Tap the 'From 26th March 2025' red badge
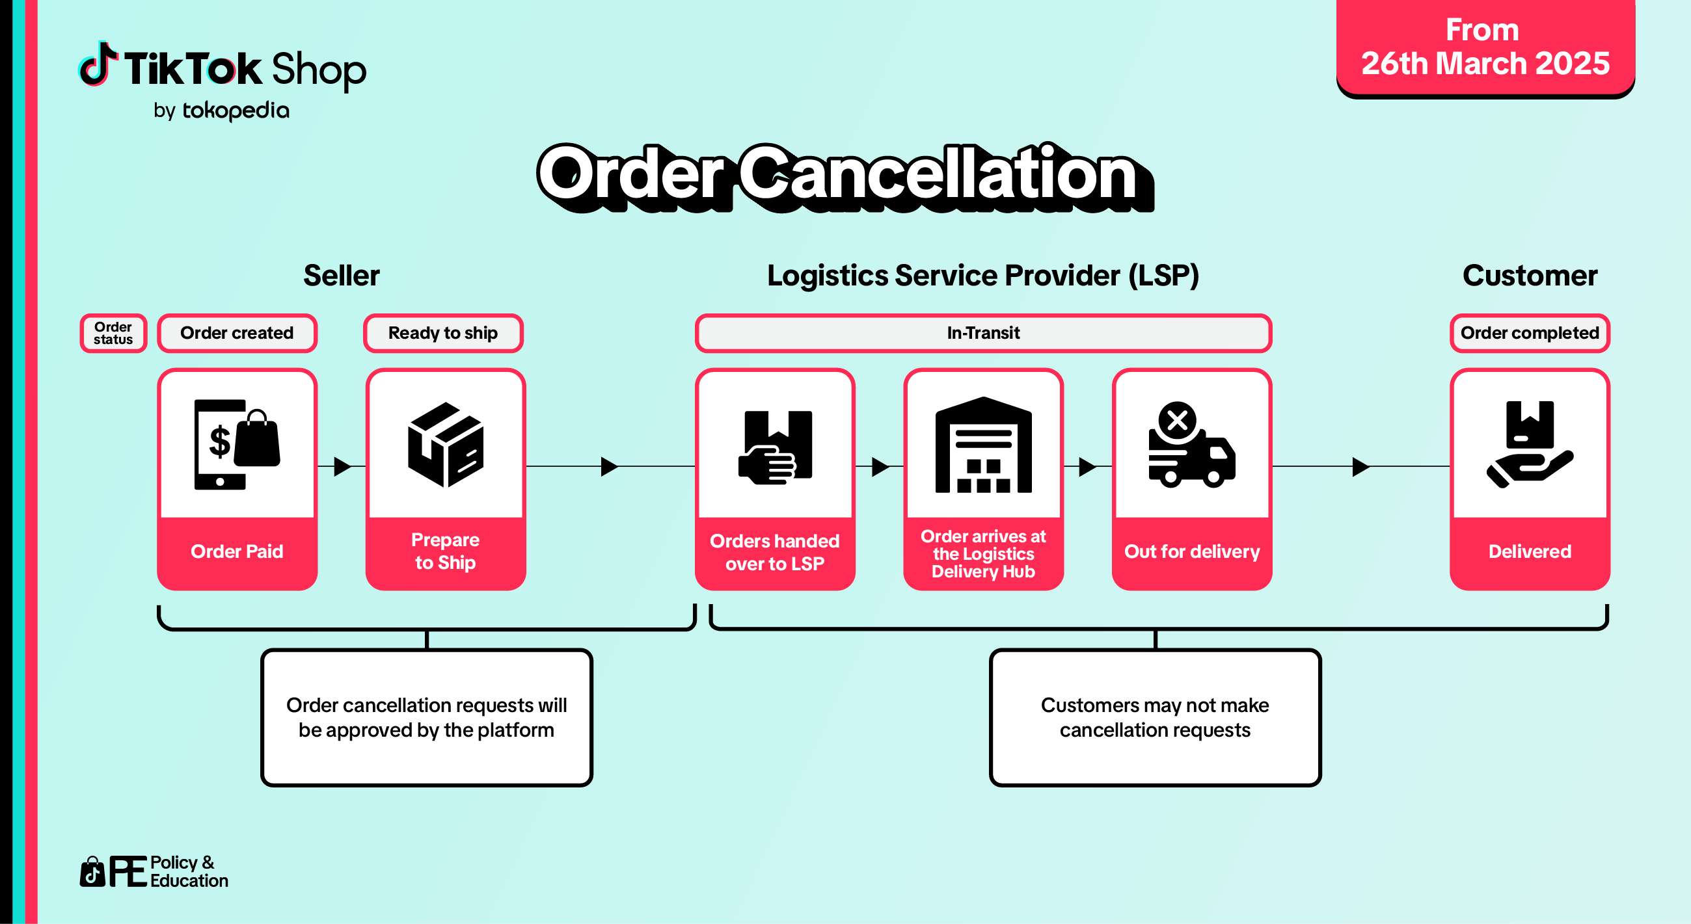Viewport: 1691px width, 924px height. [1485, 47]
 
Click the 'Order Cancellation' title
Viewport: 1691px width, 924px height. [843, 175]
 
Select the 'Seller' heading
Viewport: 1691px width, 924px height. [342, 276]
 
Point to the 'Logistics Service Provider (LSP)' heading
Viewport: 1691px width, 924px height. [982, 276]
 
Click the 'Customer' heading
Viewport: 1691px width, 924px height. [1529, 276]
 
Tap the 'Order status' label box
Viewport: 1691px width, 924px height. [113, 334]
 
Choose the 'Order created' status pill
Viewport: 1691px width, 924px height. [237, 334]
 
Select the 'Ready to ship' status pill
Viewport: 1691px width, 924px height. [443, 334]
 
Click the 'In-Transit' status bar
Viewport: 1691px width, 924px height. [982, 334]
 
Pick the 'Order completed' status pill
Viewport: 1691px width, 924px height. [1529, 334]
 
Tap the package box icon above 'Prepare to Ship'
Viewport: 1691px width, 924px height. [445, 445]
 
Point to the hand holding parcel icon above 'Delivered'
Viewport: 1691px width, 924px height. [1529, 445]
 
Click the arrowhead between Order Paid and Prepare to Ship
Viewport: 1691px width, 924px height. [342, 467]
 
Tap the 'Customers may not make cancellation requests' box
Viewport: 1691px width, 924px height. [1155, 717]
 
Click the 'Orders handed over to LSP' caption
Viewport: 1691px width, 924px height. [775, 553]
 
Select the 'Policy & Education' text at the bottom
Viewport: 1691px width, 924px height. [189, 871]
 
